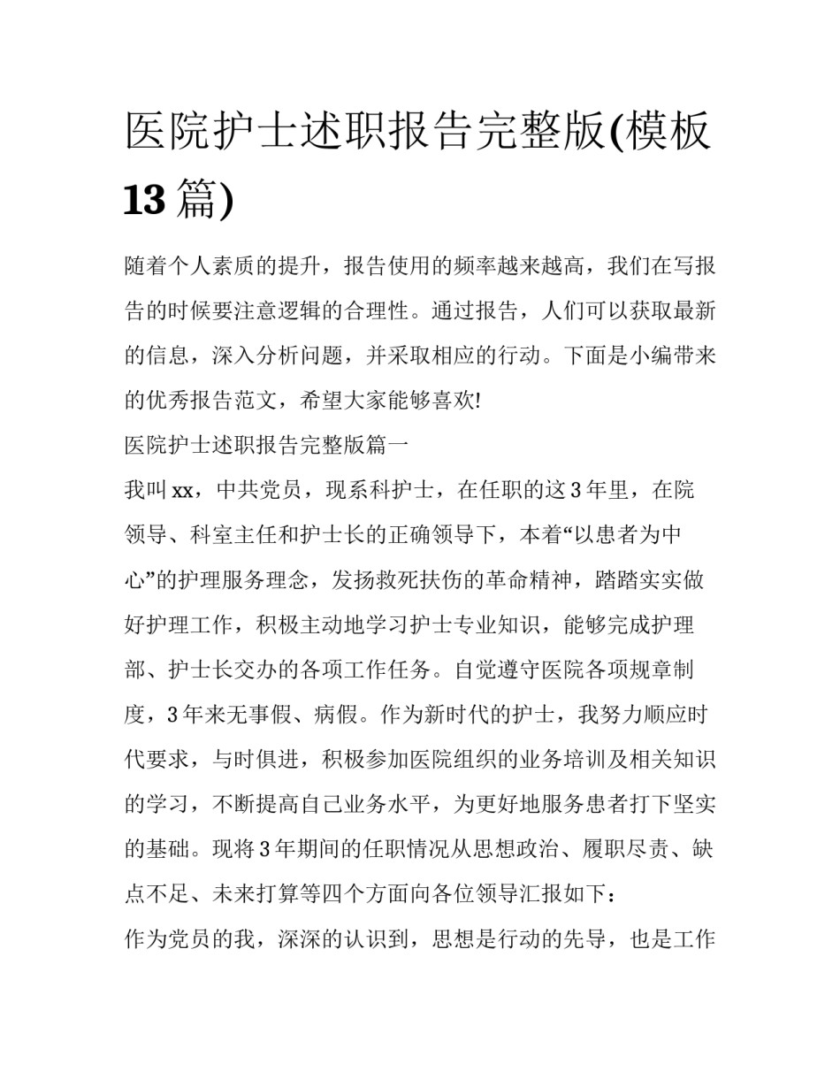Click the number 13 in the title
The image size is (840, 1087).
point(144,199)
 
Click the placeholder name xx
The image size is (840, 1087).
point(183,490)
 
